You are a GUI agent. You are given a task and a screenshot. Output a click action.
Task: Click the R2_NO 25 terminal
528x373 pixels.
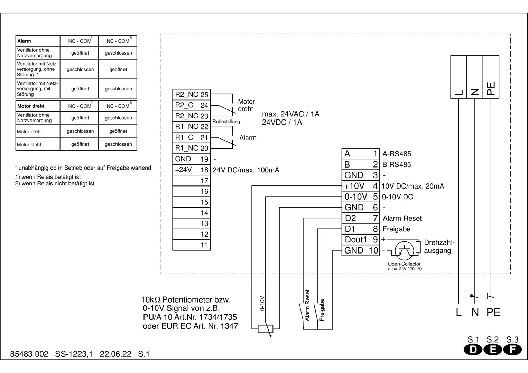point(191,95)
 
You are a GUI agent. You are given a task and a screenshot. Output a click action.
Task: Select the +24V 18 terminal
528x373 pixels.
point(191,170)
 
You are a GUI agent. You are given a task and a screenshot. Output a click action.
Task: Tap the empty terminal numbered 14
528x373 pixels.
point(191,213)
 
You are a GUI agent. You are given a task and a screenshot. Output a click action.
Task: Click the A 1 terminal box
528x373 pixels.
point(361,154)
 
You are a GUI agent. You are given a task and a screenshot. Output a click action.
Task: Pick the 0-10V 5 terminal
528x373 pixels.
point(361,197)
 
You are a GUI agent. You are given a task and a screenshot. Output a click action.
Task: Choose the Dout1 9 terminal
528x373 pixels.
point(361,240)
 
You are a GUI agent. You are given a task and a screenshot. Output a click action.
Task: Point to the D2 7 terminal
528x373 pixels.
point(361,218)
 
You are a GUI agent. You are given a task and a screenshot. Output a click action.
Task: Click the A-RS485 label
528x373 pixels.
point(397,154)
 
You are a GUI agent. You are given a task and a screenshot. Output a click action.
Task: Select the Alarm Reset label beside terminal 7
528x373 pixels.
point(402,218)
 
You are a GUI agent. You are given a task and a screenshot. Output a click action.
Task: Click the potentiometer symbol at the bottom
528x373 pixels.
point(266,329)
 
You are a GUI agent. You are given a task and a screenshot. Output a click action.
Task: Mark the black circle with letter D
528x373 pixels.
point(473,350)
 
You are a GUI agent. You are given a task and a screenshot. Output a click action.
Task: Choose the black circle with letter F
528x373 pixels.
point(512,350)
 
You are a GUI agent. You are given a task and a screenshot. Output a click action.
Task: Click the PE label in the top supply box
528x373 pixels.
point(491,88)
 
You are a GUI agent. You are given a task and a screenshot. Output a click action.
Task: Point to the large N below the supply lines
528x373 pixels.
point(475,312)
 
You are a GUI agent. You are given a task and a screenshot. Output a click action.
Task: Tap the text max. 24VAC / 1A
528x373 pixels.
point(291,114)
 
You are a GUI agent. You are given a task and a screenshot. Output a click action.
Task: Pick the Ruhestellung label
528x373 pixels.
point(226,122)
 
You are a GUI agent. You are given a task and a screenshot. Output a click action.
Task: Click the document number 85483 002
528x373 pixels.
point(29,354)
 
